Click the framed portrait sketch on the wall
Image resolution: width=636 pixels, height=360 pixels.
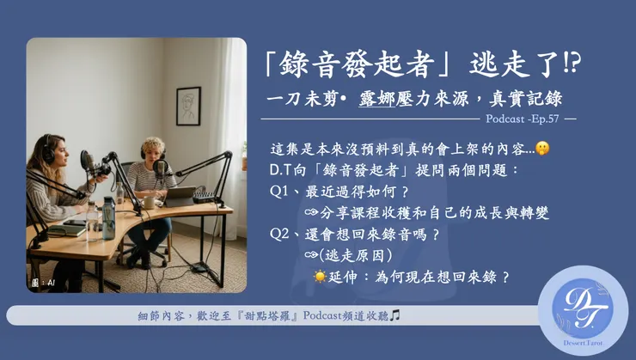tap(187, 106)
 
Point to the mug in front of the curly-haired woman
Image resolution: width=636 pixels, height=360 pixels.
tap(148, 200)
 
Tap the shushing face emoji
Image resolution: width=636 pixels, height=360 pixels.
tap(542, 149)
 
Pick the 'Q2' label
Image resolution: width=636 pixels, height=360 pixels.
tap(280, 234)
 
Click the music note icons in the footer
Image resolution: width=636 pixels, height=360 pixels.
tap(394, 316)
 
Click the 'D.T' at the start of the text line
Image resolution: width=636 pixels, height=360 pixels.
tap(279, 170)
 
